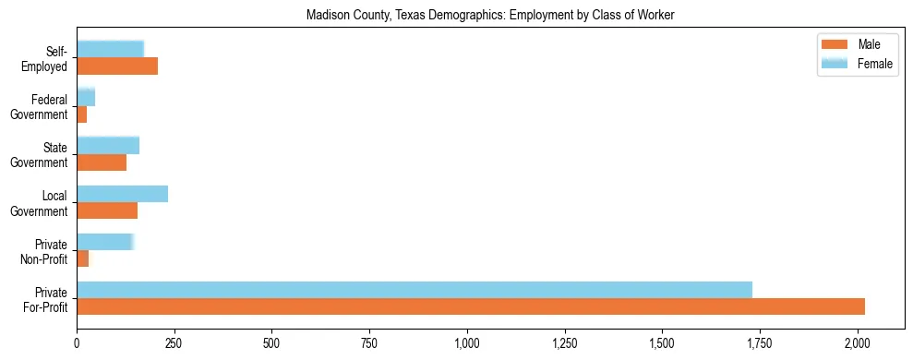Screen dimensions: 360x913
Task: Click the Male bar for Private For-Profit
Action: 471,306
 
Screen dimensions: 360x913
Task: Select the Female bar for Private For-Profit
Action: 414,289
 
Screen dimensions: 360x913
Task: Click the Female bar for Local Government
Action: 122,193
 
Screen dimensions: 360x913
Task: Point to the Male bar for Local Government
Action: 107,210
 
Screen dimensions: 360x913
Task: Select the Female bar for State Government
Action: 108,145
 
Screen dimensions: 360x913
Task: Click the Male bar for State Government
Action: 102,162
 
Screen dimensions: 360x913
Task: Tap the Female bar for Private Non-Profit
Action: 105,241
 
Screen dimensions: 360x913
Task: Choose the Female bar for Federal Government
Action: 86,97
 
